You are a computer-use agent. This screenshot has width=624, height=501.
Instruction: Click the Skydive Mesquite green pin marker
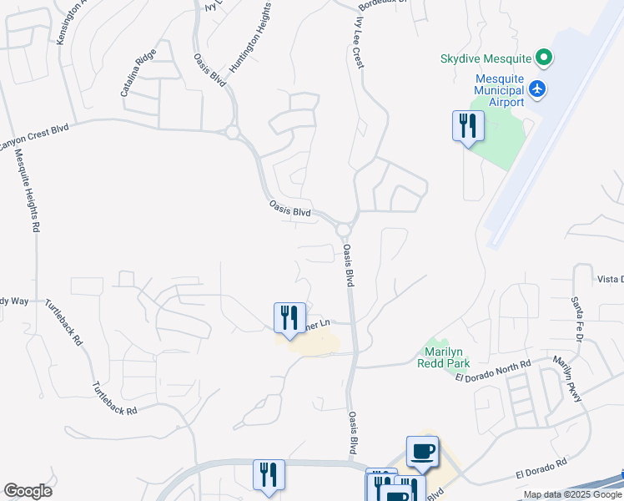[544, 58]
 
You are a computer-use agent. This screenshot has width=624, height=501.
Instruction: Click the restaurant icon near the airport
[468, 126]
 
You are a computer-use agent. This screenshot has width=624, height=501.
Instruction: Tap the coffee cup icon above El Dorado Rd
[422, 451]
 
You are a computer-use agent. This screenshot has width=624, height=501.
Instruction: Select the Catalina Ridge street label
[138, 76]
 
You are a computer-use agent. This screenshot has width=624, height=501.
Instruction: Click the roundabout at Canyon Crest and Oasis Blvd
[232, 132]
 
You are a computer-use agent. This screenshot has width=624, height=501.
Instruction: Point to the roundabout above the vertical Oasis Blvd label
[344, 229]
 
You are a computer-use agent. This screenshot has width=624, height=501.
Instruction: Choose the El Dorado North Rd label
[493, 371]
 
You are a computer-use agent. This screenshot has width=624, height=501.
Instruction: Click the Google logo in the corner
[28, 491]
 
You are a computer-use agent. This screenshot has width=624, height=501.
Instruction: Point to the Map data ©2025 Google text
[571, 494]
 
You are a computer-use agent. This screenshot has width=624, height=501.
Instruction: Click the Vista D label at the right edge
[609, 278]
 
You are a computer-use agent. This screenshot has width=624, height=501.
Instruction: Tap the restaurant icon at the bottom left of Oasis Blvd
[269, 474]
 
